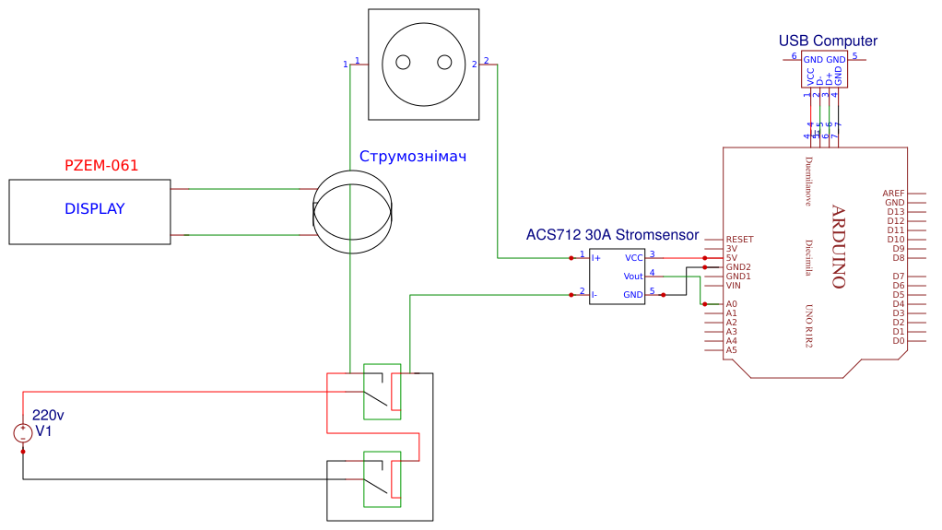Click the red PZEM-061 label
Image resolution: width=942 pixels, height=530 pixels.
[x=101, y=166]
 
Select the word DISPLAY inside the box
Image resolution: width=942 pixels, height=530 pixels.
[x=94, y=209]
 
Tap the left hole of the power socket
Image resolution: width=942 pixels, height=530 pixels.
[x=403, y=63]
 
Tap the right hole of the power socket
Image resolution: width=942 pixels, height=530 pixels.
[x=444, y=63]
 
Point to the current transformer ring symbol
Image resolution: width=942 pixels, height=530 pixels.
[x=352, y=209]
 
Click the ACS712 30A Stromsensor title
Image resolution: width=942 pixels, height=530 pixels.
[x=612, y=235]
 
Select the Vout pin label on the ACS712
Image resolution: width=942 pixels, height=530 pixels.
[x=633, y=277]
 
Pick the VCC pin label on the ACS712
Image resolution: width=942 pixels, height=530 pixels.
[x=634, y=258]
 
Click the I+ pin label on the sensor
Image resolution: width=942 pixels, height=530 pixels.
[x=596, y=258]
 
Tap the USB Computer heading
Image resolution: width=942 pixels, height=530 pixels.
[x=828, y=41]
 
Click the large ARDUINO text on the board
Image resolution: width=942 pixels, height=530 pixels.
[x=838, y=246]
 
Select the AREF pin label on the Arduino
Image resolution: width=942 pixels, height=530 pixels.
[x=893, y=194]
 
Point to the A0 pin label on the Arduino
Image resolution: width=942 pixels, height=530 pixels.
[x=731, y=304]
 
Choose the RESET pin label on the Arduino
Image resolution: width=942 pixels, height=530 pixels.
[x=739, y=240]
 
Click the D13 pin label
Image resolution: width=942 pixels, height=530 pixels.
[x=895, y=212]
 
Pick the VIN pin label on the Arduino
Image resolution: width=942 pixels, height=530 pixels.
[x=734, y=286]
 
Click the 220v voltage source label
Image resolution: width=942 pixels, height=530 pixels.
[x=48, y=416]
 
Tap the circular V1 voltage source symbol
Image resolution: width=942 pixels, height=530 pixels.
[x=23, y=433]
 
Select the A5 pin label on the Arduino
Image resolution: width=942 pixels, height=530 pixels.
[x=731, y=350]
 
